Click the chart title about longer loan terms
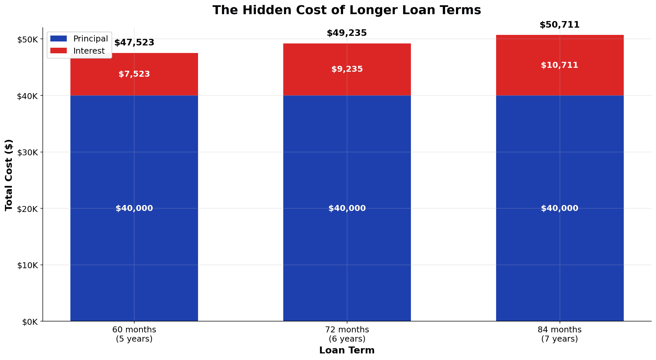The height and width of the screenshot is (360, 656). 347,10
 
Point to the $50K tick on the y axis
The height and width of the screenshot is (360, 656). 28,39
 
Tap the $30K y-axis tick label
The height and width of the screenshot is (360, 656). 28,152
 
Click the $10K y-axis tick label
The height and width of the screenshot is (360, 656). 28,265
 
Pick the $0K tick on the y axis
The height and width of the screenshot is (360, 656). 30,321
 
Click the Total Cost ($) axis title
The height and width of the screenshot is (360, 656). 9,175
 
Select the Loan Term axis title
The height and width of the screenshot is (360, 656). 347,350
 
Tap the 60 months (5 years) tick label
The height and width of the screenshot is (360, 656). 134,334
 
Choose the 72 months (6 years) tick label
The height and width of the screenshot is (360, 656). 347,334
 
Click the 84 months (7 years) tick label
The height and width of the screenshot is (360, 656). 560,334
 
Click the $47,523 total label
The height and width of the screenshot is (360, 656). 134,43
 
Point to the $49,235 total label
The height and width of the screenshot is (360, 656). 347,33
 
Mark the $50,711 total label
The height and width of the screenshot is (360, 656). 560,25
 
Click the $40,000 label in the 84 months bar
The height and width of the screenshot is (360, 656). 560,208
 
